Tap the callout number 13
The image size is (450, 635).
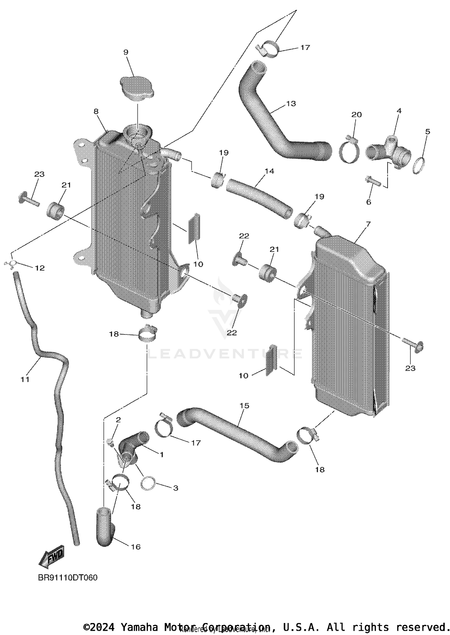[291, 104]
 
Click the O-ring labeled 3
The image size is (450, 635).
[148, 484]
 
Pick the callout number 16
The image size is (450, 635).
[136, 547]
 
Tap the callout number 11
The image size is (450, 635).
[25, 379]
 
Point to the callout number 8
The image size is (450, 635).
[96, 112]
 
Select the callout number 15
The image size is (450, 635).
[244, 406]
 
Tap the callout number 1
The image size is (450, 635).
[161, 455]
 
